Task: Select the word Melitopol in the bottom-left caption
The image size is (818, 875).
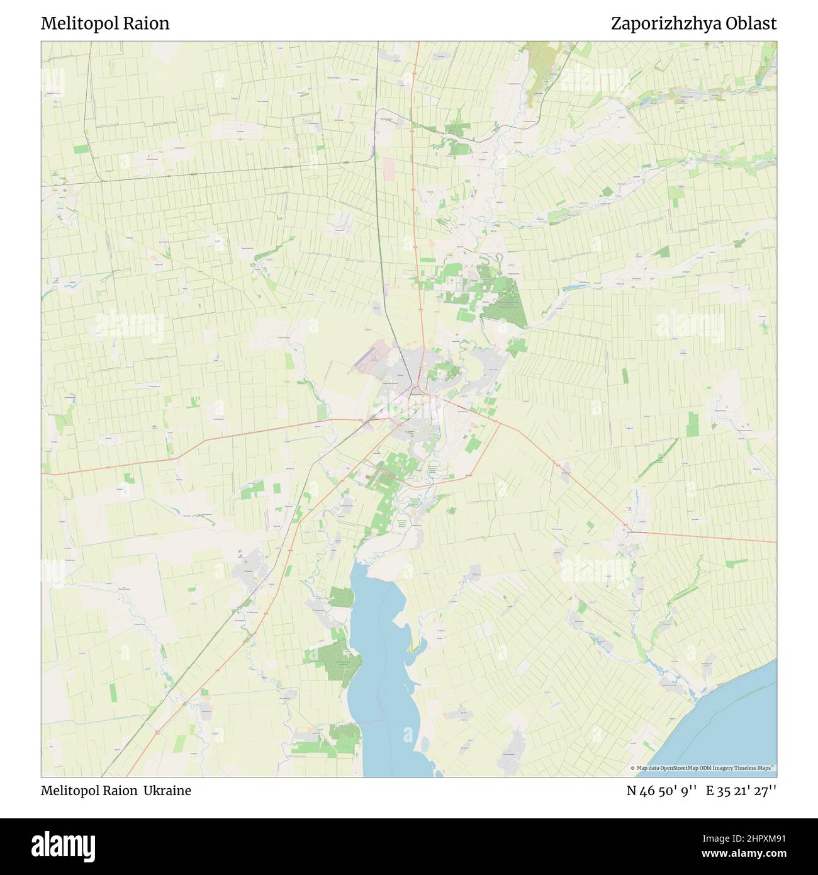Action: pos(69,791)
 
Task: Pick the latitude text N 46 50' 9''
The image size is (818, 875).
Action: pos(661,791)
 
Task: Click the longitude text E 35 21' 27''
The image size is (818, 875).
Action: pos(741,791)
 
